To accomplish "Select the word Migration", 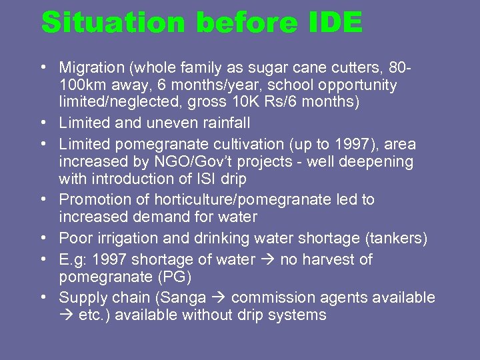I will click(x=91, y=68).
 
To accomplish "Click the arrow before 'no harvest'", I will click(x=267, y=259).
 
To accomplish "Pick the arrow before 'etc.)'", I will click(x=66, y=315).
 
